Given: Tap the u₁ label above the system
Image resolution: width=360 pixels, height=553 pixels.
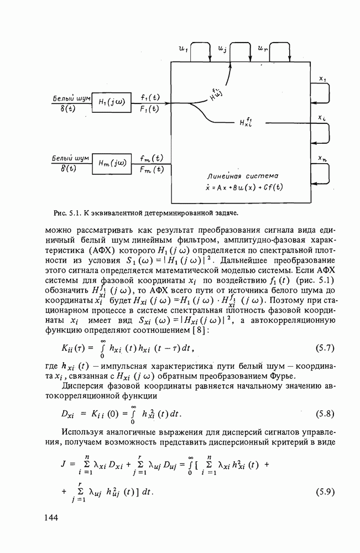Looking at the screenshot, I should pos(183,49).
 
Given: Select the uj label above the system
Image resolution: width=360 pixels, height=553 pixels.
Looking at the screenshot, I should pos(222,49).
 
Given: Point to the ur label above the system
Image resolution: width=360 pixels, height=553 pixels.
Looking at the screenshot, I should pos(262,49).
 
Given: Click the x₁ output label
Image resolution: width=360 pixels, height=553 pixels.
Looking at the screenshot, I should pos(322,79).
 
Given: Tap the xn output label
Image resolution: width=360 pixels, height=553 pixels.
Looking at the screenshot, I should pos(322,159).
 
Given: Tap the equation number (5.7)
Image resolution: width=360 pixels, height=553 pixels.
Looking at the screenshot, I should pos(328,348).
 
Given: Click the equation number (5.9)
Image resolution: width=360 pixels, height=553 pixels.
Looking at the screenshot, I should pos(328,492).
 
